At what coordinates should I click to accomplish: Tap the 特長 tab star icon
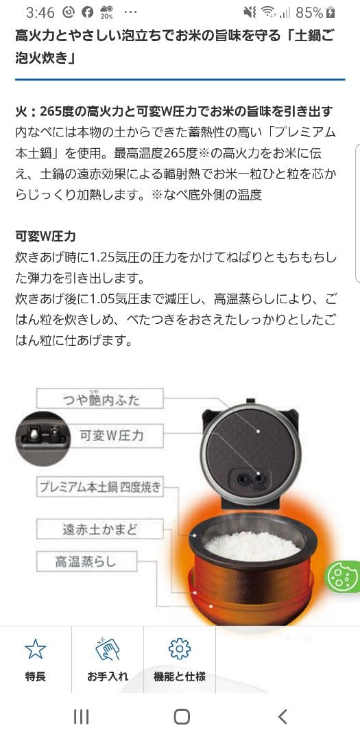35,649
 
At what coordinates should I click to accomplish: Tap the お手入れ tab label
108,677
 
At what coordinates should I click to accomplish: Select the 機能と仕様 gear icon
179,649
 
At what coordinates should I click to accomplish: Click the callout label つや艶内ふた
101,399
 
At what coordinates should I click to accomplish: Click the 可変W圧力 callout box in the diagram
111,435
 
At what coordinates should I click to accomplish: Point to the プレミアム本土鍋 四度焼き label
99,488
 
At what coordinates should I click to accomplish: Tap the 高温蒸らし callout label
86,562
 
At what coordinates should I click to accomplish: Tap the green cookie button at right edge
343,576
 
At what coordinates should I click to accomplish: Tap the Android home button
181,717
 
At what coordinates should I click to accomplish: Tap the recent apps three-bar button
81,717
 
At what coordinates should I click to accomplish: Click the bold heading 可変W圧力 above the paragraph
45,237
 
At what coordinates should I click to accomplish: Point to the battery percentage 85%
309,12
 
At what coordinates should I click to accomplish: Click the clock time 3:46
40,12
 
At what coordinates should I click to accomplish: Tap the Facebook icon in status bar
87,12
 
